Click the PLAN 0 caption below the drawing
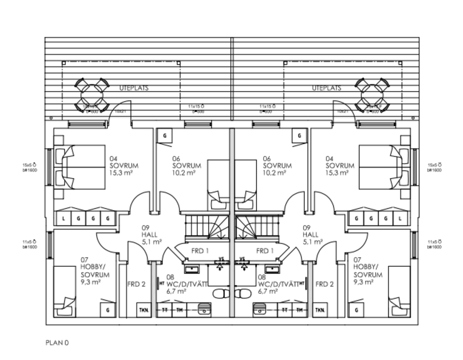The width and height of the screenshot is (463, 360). point(57,343)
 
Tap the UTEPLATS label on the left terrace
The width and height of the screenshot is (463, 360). point(134,88)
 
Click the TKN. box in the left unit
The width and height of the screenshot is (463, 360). point(143,310)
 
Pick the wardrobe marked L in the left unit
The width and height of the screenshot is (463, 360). point(64,219)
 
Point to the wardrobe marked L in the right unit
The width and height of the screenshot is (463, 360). point(400,219)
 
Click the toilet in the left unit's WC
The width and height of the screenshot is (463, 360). point(221,294)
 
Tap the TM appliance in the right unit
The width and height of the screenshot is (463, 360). point(299,310)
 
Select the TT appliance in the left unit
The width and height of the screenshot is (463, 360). point(165,310)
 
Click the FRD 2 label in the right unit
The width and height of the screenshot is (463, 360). point(324,284)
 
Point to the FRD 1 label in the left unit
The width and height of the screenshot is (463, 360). point(200,251)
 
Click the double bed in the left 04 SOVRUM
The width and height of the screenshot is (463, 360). point(80,165)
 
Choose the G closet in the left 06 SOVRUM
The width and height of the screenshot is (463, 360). point(165,135)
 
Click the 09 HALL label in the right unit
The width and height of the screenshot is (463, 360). point(311,234)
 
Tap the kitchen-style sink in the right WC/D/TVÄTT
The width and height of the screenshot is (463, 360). point(261,309)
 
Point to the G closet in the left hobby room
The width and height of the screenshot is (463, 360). point(108,310)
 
